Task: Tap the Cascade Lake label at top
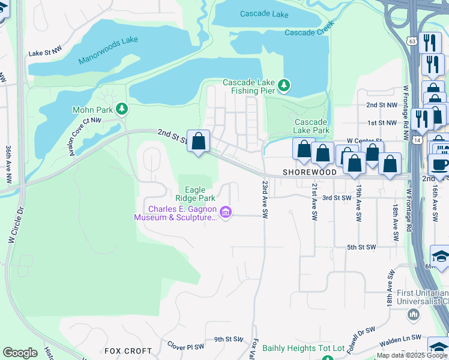264,14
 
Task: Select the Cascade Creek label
309,32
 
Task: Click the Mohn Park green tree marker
122,109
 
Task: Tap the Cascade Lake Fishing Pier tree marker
284,86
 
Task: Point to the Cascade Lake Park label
312,125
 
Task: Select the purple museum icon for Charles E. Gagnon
226,212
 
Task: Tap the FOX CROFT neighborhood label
128,350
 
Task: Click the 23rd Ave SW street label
264,200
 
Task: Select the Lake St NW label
45,53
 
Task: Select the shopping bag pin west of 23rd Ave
199,142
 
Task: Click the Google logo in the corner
20,353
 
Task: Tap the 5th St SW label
361,247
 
